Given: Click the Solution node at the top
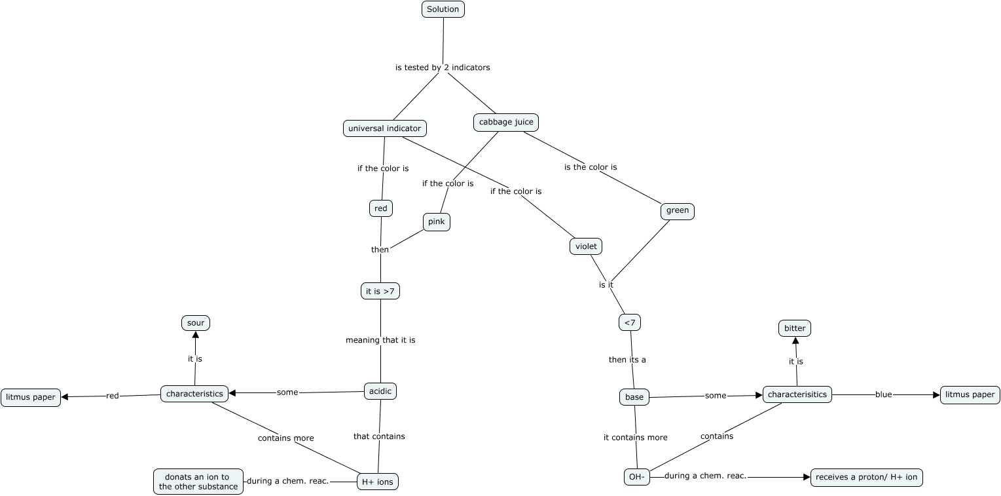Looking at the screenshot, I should (443, 9).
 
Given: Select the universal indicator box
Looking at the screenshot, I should (384, 128).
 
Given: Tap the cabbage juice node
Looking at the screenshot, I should (506, 122).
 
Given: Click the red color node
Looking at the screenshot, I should (380, 208).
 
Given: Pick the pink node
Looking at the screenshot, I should (436, 222).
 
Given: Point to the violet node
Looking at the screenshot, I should (585, 246).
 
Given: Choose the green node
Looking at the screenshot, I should (678, 211).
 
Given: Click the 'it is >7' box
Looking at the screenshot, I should (380, 291).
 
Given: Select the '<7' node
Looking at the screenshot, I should (629, 322).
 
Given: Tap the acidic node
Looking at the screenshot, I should (380, 391).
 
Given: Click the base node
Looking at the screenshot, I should (634, 397).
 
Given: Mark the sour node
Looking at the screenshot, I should (196, 323).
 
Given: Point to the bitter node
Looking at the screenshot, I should (794, 328).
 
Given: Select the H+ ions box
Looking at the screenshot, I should (377, 482).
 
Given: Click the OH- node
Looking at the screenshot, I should (636, 477).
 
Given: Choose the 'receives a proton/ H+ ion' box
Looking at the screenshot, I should (866, 478).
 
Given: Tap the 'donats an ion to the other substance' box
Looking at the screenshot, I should (198, 482).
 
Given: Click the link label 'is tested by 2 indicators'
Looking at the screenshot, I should (443, 67).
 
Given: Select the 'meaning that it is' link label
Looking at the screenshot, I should (380, 340).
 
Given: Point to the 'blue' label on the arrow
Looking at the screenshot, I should (883, 394).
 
